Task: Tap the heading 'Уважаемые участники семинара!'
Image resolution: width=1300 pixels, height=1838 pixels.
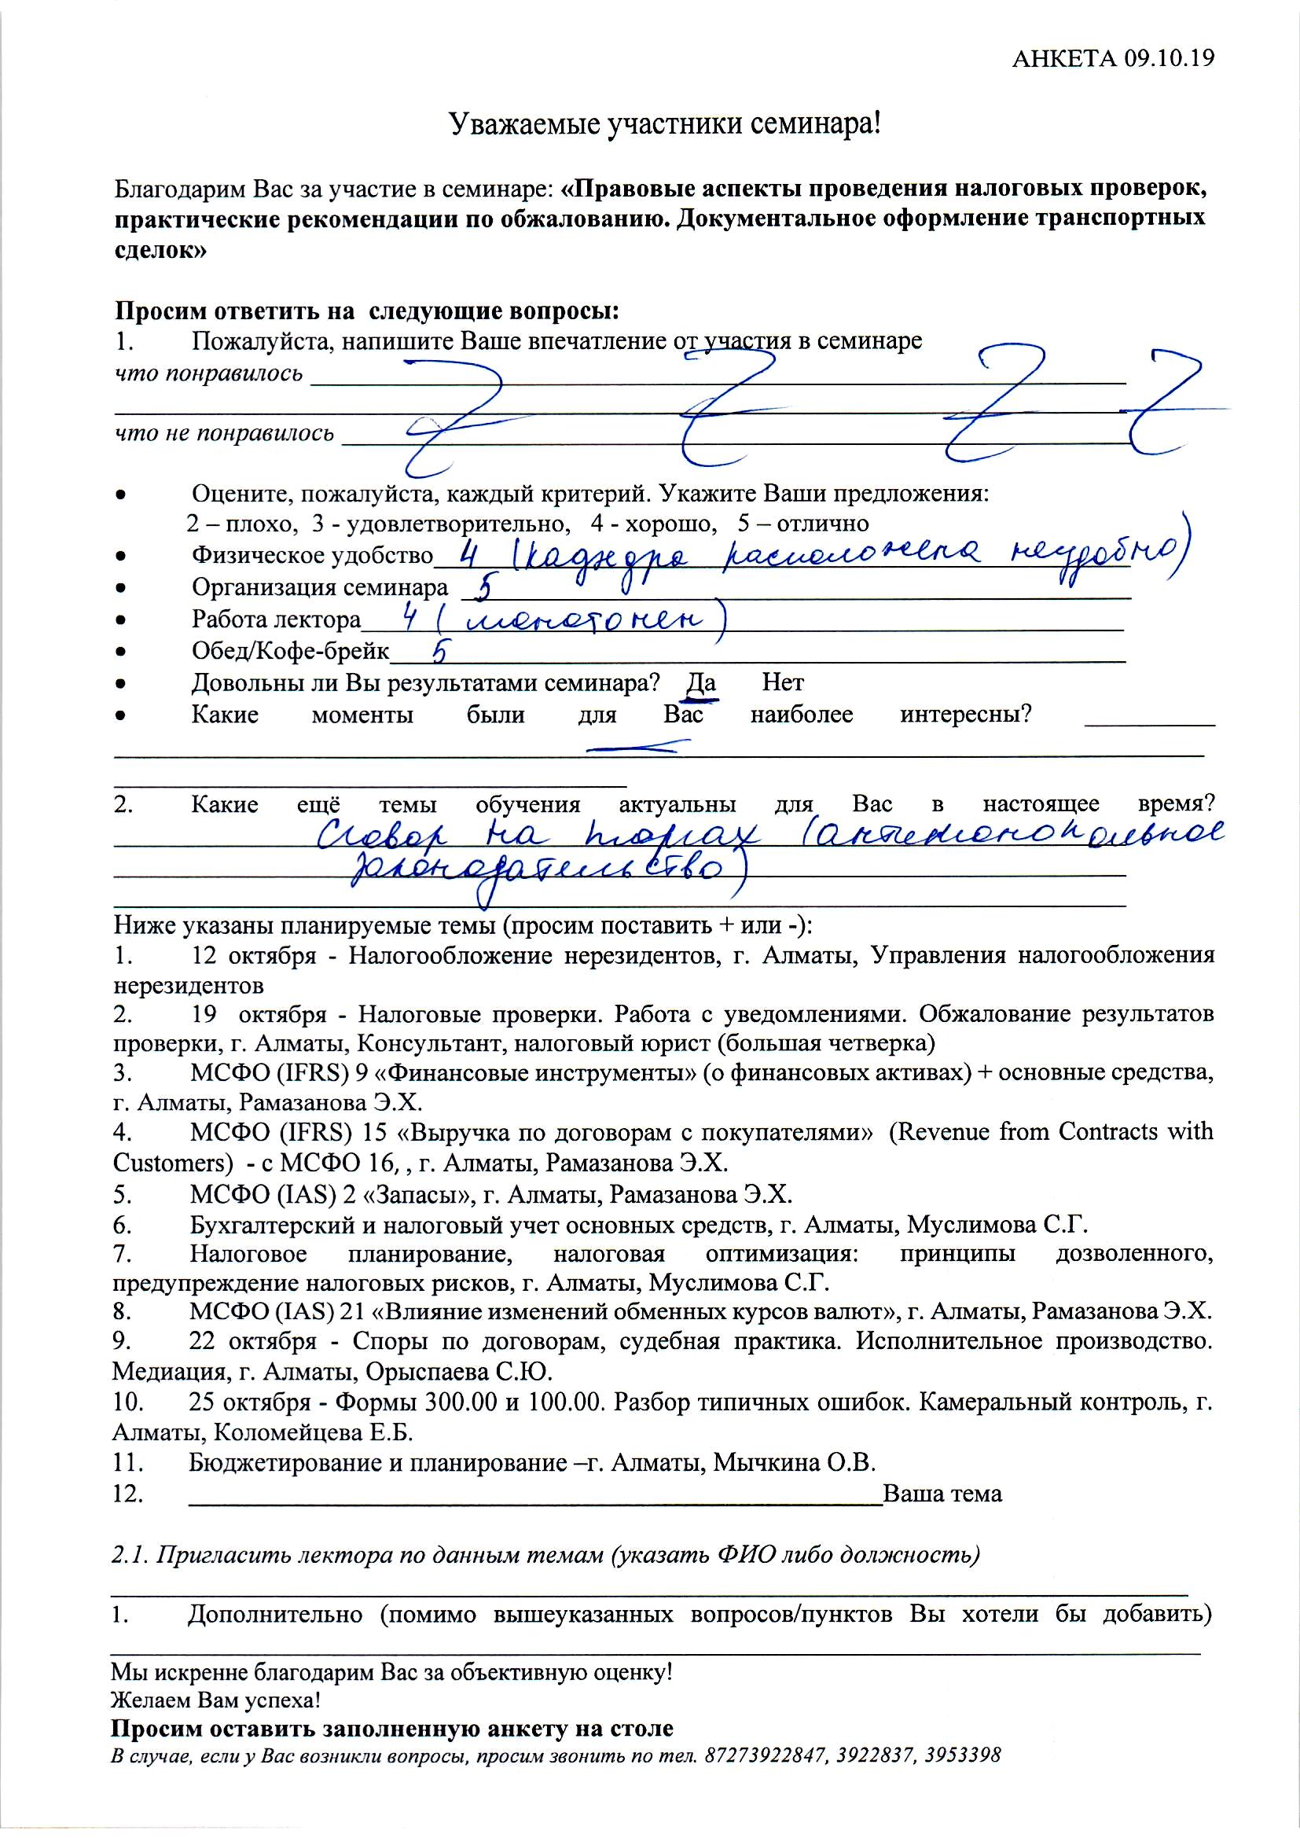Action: [663, 124]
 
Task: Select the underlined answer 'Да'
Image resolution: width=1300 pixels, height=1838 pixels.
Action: [701, 683]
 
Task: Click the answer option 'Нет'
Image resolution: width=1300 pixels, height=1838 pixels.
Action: [783, 682]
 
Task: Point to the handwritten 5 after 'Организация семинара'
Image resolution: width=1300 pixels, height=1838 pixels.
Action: [483, 589]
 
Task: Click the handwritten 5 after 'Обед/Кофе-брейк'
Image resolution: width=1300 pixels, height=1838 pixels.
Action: [438, 653]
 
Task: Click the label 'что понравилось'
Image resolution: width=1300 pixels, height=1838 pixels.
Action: [209, 374]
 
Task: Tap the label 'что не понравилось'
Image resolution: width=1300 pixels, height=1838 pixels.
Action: [224, 434]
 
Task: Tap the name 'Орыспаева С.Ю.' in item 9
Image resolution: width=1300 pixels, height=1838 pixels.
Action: [460, 1372]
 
